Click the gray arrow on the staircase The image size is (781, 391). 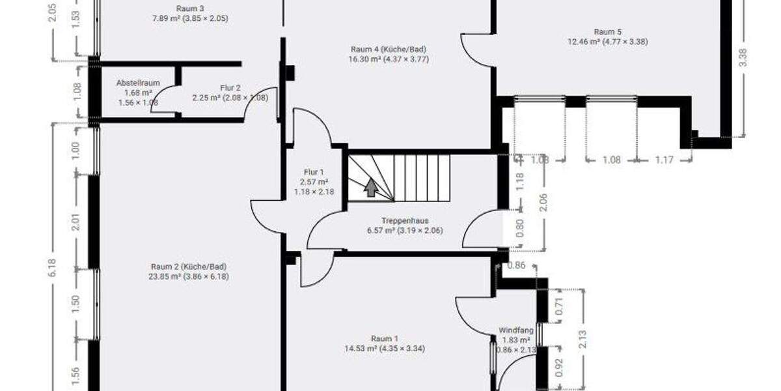coord(370,188)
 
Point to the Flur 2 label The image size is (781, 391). coord(230,88)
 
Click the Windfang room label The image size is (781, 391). coord(515,330)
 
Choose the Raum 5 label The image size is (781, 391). coord(607,31)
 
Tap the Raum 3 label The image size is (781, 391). coord(189,8)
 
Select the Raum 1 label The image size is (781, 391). coord(384,338)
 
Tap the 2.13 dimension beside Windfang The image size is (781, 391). coord(583,339)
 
